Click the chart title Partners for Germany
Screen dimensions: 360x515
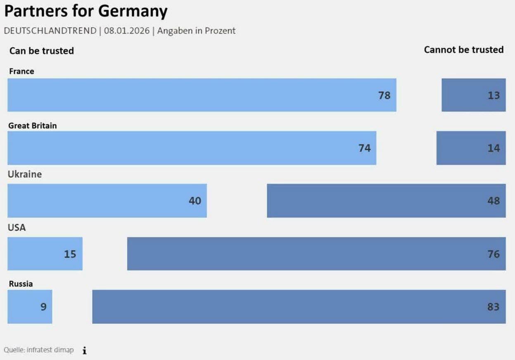[86, 11]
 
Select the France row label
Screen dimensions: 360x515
[21, 71]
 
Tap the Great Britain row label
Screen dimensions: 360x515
[33, 125]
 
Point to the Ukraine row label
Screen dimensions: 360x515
[25, 174]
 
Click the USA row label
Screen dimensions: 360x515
[17, 227]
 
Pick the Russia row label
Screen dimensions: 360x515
[21, 284]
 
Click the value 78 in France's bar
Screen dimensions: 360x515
[384, 95]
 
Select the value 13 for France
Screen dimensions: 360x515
[494, 95]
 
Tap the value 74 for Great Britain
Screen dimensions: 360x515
[364, 148]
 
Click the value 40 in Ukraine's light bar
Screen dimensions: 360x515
[195, 201]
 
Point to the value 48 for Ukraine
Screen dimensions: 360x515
[494, 201]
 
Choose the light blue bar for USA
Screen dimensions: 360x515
[45, 254]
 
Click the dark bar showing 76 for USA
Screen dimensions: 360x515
[316, 254]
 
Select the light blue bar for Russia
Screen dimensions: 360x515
[30, 307]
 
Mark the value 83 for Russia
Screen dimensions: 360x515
[493, 307]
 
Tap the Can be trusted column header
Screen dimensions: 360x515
[41, 51]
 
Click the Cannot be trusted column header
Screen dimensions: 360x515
[464, 50]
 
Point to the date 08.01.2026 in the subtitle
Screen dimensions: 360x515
[127, 31]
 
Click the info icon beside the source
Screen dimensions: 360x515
[84, 350]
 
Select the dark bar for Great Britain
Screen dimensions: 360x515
[471, 148]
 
